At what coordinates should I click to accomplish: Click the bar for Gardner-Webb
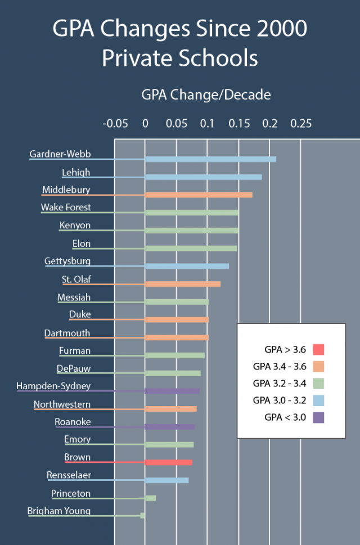pyautogui.click(x=210, y=159)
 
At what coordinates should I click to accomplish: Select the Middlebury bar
pyautogui.click(x=199, y=195)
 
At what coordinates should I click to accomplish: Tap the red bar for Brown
pyautogui.click(x=168, y=462)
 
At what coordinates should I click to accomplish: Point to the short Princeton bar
pyautogui.click(x=150, y=498)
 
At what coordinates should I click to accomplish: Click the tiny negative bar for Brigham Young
pyautogui.click(x=143, y=515)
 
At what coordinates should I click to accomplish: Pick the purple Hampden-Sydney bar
pyautogui.click(x=172, y=391)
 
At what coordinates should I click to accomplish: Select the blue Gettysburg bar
pyautogui.click(x=187, y=266)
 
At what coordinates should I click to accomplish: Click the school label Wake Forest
pyautogui.click(x=66, y=207)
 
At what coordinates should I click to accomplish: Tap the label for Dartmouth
pyautogui.click(x=67, y=333)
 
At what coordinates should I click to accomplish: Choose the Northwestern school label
pyautogui.click(x=62, y=404)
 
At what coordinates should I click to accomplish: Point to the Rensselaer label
pyautogui.click(x=69, y=475)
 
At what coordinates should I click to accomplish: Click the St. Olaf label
pyautogui.click(x=76, y=279)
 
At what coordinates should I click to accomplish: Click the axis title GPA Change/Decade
pyautogui.click(x=206, y=95)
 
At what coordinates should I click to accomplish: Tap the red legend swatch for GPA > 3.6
pyautogui.click(x=317, y=349)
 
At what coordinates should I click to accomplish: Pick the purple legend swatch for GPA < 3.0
pyautogui.click(x=317, y=417)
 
